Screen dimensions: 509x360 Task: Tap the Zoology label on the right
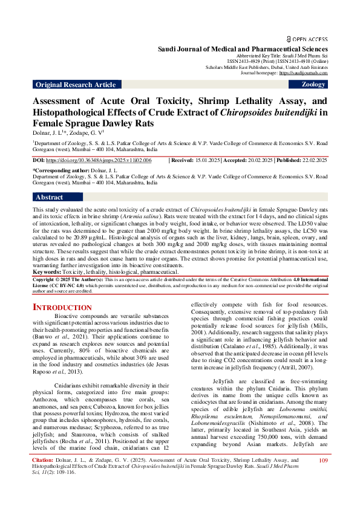pyautogui.click(x=313, y=85)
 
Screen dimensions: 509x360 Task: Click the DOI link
pyautogui.click(x=99, y=160)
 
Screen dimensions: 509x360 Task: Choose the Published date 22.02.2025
pyautogui.click(x=312, y=160)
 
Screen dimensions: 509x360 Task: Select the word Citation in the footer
pyautogui.click(x=42, y=478)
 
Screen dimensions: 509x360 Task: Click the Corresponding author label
pyautogui.click(x=61, y=172)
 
